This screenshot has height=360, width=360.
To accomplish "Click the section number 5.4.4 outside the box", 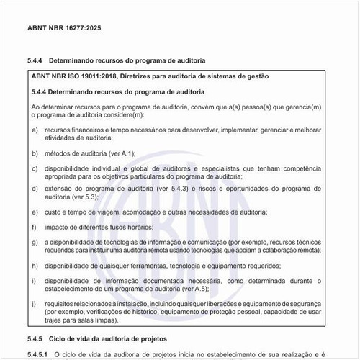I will pos(37,62).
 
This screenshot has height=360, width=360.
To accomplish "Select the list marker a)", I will pos(35,130).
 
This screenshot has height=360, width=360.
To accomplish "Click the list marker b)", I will pos(35,153).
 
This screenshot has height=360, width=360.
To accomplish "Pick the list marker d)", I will pos(35,188).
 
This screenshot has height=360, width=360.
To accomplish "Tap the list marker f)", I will pos(35,227).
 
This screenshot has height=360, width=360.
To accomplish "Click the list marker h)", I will pos(35,266).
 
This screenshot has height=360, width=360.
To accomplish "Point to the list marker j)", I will pos(35,305).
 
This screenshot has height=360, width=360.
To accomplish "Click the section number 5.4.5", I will pos(37,338).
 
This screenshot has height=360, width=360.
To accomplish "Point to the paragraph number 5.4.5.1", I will pos(40,354).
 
